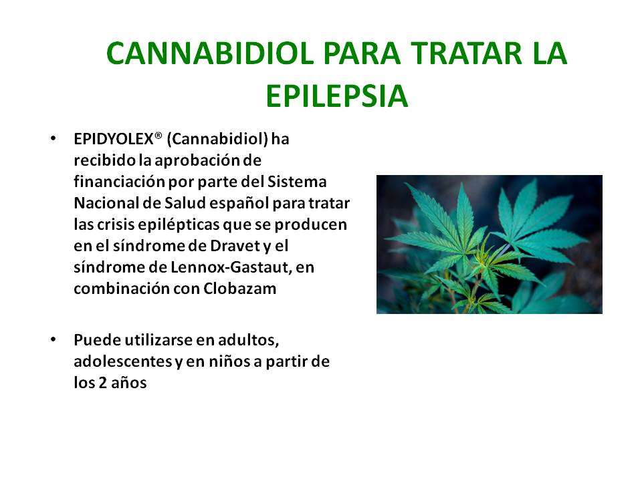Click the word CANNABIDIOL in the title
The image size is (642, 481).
(x=209, y=53)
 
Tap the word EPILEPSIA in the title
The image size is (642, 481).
(x=336, y=96)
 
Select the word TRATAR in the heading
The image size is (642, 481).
(x=467, y=53)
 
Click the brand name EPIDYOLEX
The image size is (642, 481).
(x=114, y=140)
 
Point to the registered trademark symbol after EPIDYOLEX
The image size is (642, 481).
(x=158, y=136)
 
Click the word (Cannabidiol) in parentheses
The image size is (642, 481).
(x=217, y=140)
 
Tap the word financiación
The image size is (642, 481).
(x=120, y=182)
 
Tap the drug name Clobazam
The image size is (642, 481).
(x=240, y=289)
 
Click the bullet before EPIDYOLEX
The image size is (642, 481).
(x=53, y=139)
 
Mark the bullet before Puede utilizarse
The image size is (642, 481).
(x=53, y=339)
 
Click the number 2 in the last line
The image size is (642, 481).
(x=102, y=383)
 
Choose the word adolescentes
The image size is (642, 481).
(x=123, y=361)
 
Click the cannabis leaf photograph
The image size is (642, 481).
(x=490, y=245)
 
